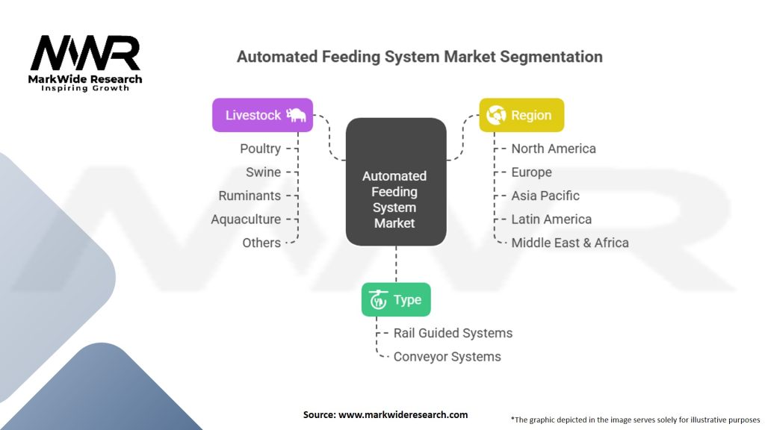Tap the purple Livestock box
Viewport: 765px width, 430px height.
[x=262, y=115]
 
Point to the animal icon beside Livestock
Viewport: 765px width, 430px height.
[x=297, y=115]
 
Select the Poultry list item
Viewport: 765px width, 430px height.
[x=260, y=149]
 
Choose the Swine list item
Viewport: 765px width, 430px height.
[x=263, y=172]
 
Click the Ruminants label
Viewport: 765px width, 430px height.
[x=250, y=196]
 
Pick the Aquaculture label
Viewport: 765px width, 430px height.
[x=246, y=219]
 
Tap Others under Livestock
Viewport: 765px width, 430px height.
[x=261, y=243]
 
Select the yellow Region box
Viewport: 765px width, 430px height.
[x=521, y=115]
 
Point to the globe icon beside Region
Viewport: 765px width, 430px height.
[x=496, y=115]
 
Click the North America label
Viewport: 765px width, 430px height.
[x=554, y=149]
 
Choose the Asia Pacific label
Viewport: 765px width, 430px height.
[x=545, y=196]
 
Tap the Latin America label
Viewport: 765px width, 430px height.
[x=551, y=219]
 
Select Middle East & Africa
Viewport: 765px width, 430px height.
[x=570, y=243]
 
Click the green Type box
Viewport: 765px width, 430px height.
[x=396, y=299]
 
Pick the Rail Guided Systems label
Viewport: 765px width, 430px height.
[x=453, y=333]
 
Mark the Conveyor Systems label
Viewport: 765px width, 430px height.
[x=447, y=357]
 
